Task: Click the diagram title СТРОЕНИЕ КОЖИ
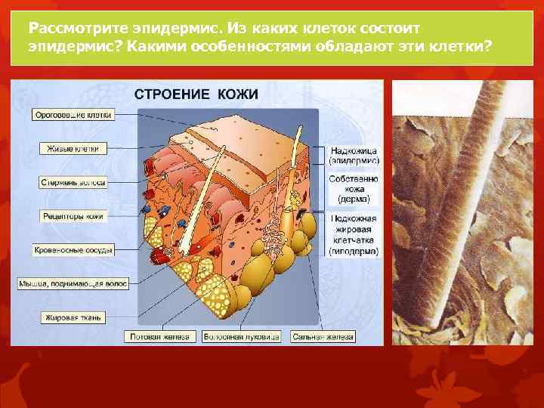point(196,94)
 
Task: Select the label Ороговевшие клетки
point(73,115)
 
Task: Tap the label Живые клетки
point(70,148)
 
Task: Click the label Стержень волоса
point(73,182)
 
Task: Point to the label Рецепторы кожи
point(73,215)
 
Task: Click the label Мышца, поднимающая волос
point(73,283)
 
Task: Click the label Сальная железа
point(320,336)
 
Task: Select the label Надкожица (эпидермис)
point(354,155)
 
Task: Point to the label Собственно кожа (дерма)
point(354,189)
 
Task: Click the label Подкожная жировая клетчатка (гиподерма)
point(354,234)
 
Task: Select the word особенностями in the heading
point(252,46)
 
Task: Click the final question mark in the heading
point(487,46)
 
